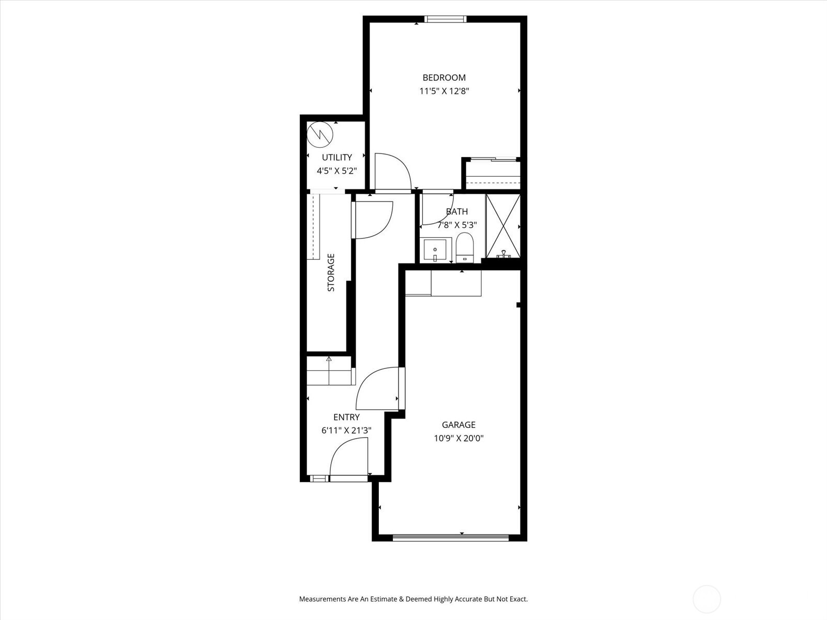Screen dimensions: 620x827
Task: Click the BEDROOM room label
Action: point(444,78)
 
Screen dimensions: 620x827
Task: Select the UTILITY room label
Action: point(337,157)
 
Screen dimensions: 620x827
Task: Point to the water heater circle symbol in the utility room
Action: point(320,135)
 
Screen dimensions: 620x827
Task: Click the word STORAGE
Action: point(331,272)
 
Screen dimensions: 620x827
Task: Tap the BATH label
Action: point(457,211)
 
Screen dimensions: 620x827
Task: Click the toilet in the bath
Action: point(465,247)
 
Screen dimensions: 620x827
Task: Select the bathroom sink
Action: point(435,250)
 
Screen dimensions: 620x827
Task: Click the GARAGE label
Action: point(458,425)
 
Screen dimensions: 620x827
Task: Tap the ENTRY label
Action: point(346,417)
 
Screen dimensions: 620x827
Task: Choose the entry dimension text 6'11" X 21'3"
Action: point(346,430)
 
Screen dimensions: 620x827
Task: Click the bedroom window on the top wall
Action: point(445,20)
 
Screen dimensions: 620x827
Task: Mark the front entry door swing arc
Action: point(347,457)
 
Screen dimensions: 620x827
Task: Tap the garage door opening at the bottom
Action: point(451,537)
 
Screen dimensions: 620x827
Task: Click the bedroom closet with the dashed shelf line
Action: point(493,175)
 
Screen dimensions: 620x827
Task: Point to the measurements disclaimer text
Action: point(413,599)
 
